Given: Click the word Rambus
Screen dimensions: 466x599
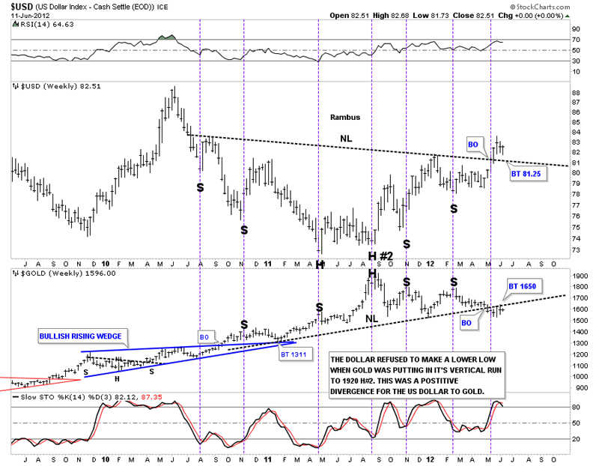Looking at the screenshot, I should pyautogui.click(x=345, y=118).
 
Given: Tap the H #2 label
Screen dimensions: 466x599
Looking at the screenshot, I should pyautogui.click(x=380, y=256).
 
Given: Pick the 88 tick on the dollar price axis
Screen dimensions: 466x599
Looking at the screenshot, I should pyautogui.click(x=576, y=93).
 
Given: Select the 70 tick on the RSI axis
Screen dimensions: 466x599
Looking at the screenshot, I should pyautogui.click(x=576, y=39).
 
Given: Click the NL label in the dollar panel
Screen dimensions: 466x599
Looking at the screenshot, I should pyautogui.click(x=346, y=138).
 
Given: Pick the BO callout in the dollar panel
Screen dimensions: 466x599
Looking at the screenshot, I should pyautogui.click(x=473, y=143).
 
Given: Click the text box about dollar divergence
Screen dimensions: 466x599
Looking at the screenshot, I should pyautogui.click(x=416, y=375).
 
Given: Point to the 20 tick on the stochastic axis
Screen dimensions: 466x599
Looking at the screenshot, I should pyautogui.click(x=576, y=440).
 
